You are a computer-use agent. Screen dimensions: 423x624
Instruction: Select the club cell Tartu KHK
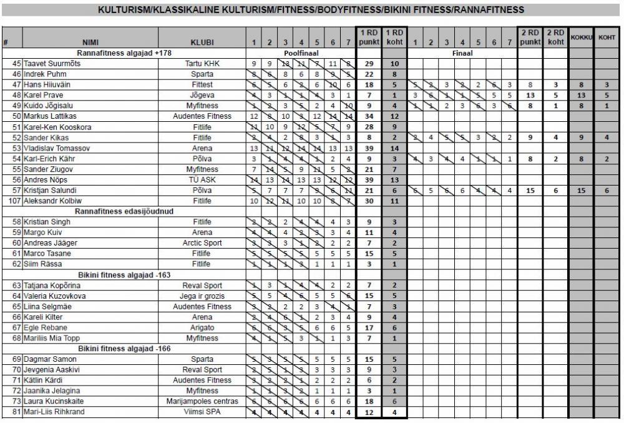click(x=202, y=64)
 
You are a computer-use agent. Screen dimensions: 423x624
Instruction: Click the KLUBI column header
click(x=202, y=43)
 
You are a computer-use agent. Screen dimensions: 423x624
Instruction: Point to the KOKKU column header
click(x=580, y=37)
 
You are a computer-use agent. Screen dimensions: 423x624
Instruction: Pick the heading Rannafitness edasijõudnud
click(x=124, y=211)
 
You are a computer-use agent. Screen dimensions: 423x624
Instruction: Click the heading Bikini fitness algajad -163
click(x=124, y=275)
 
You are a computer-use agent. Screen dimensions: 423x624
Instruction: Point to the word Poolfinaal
click(x=301, y=53)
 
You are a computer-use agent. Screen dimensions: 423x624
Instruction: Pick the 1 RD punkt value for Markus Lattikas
click(x=369, y=116)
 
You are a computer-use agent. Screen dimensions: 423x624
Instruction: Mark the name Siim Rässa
click(x=46, y=264)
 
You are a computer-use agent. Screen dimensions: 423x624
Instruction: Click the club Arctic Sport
click(x=202, y=243)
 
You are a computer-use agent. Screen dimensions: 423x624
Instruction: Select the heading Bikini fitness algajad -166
click(x=124, y=349)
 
